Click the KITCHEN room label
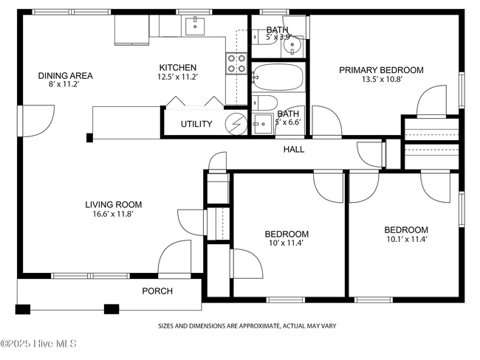click(177, 67)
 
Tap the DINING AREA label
click(65, 75)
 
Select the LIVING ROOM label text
click(113, 204)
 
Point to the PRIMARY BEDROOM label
click(381, 70)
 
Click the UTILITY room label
click(196, 124)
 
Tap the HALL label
click(294, 149)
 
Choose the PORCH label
click(157, 291)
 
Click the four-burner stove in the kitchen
click(236, 63)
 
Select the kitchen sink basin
click(195, 27)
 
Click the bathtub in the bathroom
click(278, 77)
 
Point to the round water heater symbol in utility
click(236, 124)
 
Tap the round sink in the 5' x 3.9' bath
click(292, 46)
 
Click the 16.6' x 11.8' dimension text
click(113, 214)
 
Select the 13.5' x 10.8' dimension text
click(382, 79)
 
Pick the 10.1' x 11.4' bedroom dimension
click(407, 239)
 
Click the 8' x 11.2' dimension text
click(64, 84)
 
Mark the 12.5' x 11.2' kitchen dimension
click(177, 77)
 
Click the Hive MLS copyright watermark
click(38, 344)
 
